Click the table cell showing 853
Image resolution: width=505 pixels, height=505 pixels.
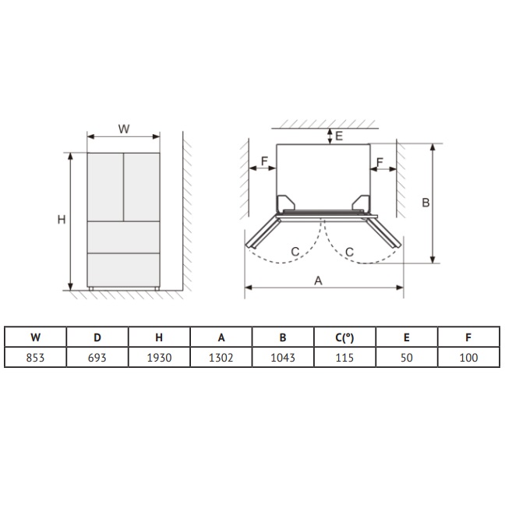[x=35, y=358]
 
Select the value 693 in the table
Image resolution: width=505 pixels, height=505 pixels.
[x=97, y=358]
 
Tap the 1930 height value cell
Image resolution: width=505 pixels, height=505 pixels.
[x=159, y=358]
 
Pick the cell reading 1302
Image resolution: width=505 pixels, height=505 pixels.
[x=221, y=358]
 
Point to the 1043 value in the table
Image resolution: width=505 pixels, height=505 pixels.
[x=283, y=358]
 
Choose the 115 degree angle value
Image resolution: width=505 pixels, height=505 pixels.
[x=344, y=358]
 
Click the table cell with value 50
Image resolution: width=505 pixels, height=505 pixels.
[x=407, y=358]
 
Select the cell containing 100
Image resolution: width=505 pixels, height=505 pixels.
[x=468, y=358]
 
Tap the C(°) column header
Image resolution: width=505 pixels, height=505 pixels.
[x=344, y=337]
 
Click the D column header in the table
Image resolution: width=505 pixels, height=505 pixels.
[x=97, y=337]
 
